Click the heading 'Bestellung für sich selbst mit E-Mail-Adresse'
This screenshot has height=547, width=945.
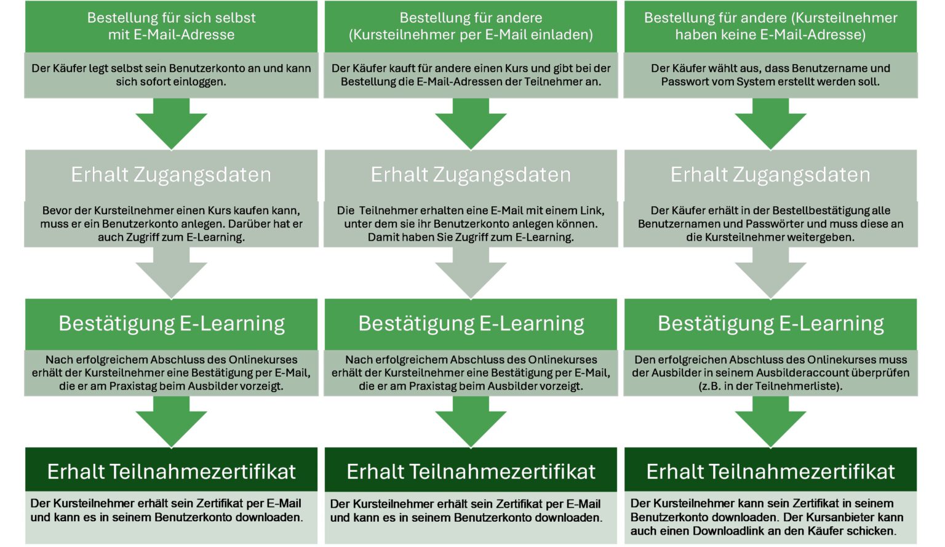coord(171,26)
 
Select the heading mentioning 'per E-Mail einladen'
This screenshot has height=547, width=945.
coord(471,26)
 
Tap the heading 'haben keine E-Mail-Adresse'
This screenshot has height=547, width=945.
coord(770,26)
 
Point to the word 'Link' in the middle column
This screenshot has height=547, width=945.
coord(591,210)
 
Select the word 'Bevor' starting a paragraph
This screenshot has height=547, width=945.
coord(57,210)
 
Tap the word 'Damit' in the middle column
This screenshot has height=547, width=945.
coord(382,237)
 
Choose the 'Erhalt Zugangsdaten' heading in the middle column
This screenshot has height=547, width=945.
coord(471,175)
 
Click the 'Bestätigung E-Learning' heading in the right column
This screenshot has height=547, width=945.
coord(770,324)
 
